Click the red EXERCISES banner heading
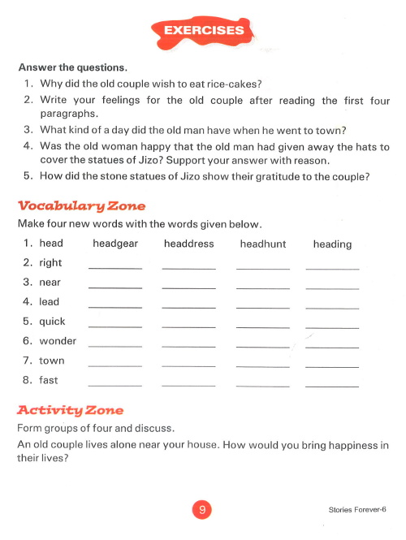(204, 31)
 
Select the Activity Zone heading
(70, 409)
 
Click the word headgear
(115, 244)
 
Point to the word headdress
(188, 244)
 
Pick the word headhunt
(261, 244)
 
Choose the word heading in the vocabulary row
(332, 244)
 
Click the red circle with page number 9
(202, 509)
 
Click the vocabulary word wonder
(58, 341)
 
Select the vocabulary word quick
(52, 322)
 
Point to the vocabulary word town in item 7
(52, 361)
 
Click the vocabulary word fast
(49, 380)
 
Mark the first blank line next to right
(114, 267)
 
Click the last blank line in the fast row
(332, 385)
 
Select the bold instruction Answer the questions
(72, 67)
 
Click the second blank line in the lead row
(188, 306)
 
